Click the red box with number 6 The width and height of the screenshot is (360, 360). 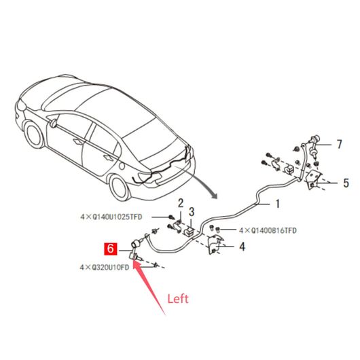pyautogui.click(x=111, y=249)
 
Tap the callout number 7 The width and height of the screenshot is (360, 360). pyautogui.click(x=339, y=145)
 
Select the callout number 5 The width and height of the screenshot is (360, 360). pyautogui.click(x=346, y=183)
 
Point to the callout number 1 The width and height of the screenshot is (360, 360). pyautogui.click(x=278, y=204)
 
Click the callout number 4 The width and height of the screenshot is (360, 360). pyautogui.click(x=242, y=247)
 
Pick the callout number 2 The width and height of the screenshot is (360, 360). pyautogui.click(x=181, y=203)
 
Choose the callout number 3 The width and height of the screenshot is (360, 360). pyautogui.click(x=192, y=212)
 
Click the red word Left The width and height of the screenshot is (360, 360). pyautogui.click(x=178, y=299)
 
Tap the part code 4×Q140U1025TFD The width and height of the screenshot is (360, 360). pyautogui.click(x=111, y=217)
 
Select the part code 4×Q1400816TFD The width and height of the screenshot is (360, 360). pyautogui.click(x=268, y=230)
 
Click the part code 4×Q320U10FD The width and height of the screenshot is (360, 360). pyautogui.click(x=105, y=268)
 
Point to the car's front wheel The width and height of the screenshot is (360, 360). pyautogui.click(x=35, y=134)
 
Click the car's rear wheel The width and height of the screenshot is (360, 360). pyautogui.click(x=120, y=187)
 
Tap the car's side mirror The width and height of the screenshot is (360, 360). pyautogui.click(x=53, y=123)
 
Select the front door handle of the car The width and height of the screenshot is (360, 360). pyautogui.click(x=79, y=142)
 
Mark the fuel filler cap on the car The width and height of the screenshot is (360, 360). pyautogui.click(x=122, y=166)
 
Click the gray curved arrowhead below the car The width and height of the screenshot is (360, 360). pyautogui.click(x=214, y=195)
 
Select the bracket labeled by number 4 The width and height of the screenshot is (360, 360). pyautogui.click(x=215, y=245)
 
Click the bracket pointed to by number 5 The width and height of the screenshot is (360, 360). pyautogui.click(x=314, y=179)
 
